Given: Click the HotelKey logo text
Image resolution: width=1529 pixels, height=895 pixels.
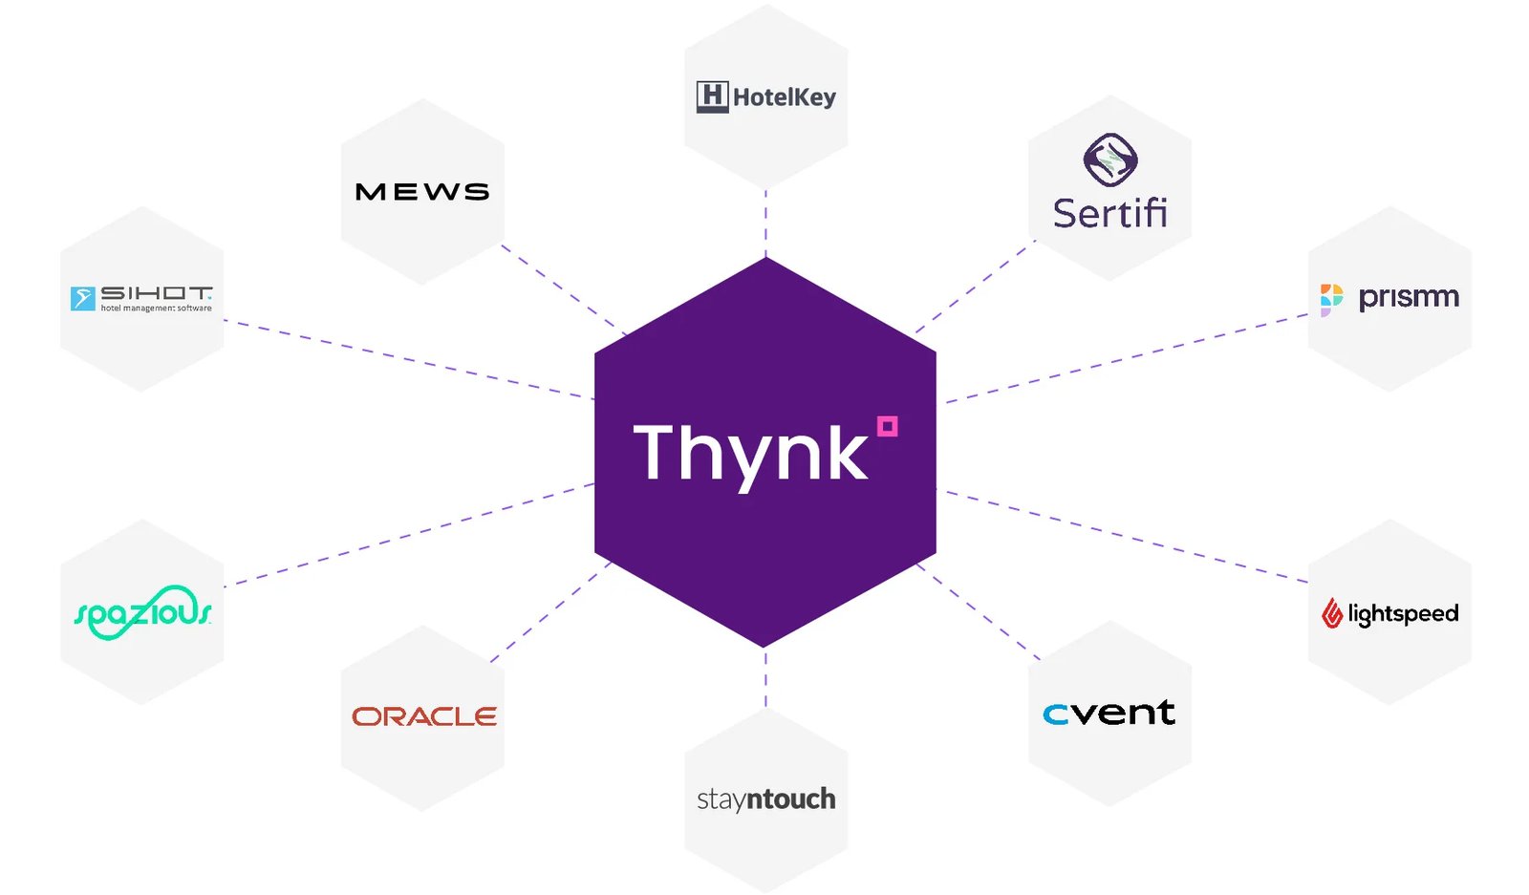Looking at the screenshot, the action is click(785, 97).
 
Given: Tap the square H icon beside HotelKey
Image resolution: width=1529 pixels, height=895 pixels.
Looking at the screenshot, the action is click(713, 96).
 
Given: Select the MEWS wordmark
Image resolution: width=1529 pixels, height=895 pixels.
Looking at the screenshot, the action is click(422, 192).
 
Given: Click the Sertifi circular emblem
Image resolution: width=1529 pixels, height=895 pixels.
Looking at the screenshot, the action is click(1110, 160).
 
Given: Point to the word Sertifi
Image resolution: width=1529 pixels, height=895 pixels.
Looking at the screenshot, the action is click(1110, 213).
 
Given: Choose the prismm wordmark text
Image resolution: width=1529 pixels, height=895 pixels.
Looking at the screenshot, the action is click(1409, 298).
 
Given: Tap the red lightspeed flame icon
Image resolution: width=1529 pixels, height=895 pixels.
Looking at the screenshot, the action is click(1332, 612).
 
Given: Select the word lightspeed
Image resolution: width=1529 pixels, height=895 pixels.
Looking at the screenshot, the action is click(1404, 614).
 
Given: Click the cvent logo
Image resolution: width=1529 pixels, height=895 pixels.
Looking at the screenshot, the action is click(1109, 713).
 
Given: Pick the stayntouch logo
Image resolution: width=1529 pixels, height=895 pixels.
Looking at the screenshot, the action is click(765, 799).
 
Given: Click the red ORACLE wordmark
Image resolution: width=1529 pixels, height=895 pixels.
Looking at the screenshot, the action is click(424, 716).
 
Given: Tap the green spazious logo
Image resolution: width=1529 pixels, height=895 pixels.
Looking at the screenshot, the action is click(142, 612).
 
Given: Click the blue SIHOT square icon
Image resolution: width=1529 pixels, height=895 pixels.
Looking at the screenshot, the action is click(82, 299).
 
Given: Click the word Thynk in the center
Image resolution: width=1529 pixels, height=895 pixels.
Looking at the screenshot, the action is click(750, 453).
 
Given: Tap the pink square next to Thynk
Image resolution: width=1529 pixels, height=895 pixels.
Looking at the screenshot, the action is click(888, 426).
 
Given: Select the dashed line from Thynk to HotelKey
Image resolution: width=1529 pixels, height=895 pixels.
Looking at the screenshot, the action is click(765, 224).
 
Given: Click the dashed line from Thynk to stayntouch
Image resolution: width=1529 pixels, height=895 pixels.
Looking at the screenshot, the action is click(765, 679).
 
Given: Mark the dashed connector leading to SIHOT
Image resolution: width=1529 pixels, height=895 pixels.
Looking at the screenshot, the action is click(408, 359).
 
